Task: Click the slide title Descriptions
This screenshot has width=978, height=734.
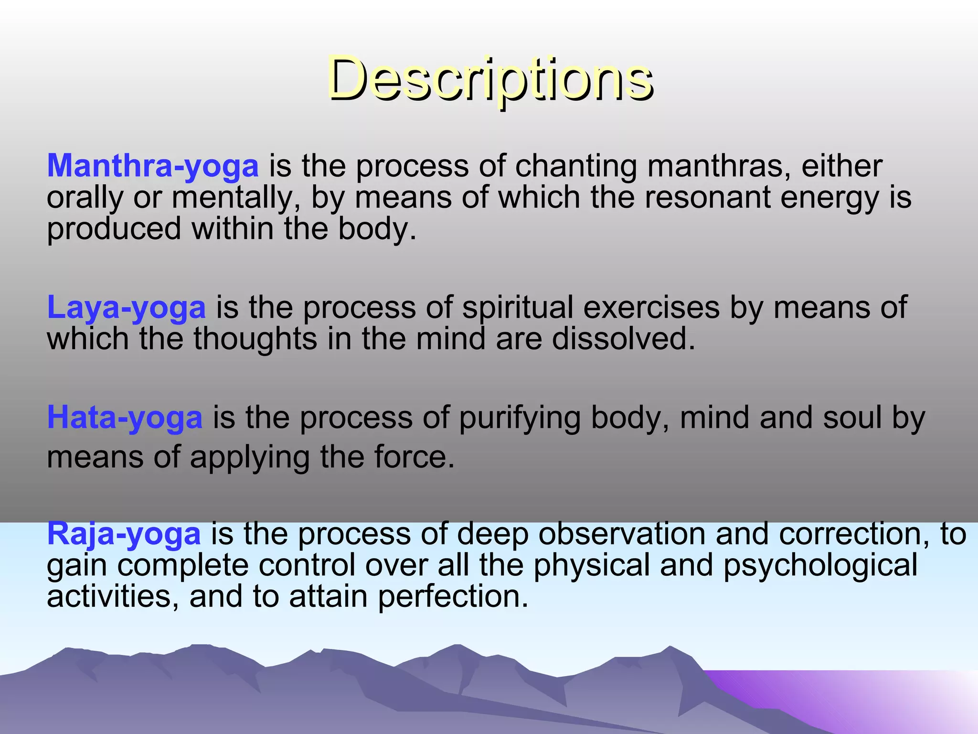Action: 490,79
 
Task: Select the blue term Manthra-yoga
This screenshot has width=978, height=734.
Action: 153,166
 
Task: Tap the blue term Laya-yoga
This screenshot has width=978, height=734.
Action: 126,307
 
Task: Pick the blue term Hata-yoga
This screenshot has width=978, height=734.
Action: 125,418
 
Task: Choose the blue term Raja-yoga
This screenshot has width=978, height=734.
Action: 124,534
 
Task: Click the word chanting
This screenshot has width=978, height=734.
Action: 576,166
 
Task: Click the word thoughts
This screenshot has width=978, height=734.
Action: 255,339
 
